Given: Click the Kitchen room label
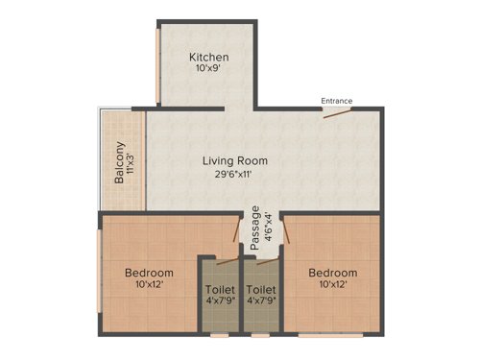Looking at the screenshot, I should [x=208, y=57].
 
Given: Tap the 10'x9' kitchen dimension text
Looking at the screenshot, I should [x=208, y=70].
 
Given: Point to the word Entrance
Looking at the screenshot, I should [x=337, y=101].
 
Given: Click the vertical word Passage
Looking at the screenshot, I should [x=254, y=228].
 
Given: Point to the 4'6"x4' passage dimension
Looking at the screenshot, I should [x=267, y=228].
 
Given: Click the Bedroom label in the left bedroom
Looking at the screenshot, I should [x=149, y=273].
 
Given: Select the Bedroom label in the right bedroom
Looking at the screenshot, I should [x=332, y=273].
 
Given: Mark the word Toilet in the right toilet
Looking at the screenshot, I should [x=261, y=288].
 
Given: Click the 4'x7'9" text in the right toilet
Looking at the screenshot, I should [x=261, y=301].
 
